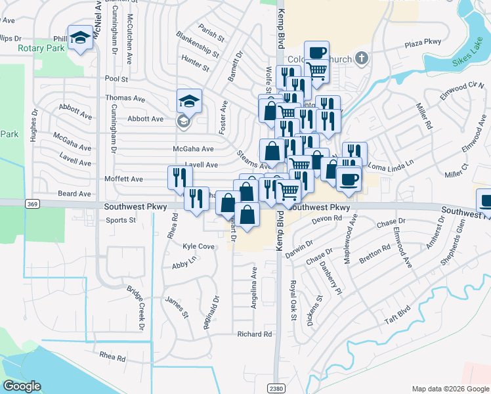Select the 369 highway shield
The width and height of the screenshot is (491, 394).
tap(32, 205)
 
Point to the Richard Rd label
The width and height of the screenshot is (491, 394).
tap(254, 334)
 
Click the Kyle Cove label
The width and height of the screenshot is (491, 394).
tap(199, 246)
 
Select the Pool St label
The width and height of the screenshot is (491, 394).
tap(116, 78)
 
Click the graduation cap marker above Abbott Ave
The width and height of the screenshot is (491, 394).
tap(188, 101)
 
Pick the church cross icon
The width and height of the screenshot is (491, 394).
tap(360, 58)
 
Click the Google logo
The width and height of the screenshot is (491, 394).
tap(22, 386)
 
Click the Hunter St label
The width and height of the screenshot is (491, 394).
tap(195, 64)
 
